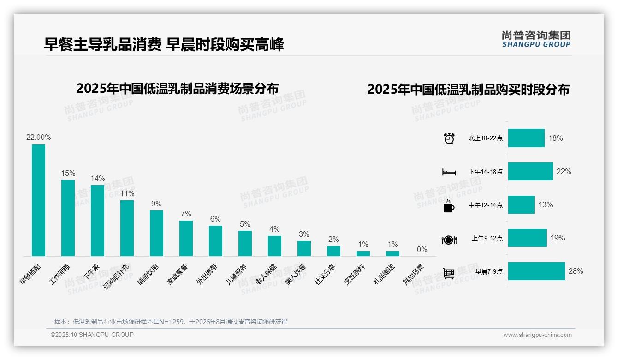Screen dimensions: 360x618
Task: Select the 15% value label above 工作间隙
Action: click(x=68, y=173)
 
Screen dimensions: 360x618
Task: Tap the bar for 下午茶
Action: click(x=97, y=220)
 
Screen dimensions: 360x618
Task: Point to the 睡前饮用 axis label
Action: click(x=149, y=274)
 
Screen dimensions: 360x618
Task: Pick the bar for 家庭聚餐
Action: click(x=186, y=238)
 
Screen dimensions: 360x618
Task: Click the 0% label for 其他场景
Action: click(x=422, y=250)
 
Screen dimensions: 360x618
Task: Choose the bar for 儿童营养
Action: click(x=245, y=243)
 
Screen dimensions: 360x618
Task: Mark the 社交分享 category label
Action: click(x=325, y=274)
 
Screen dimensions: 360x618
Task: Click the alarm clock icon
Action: click(x=449, y=138)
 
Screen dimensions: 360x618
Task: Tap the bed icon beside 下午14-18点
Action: click(x=449, y=172)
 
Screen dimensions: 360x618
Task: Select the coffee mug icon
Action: click(x=449, y=206)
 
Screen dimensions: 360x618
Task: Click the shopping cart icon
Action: click(x=449, y=273)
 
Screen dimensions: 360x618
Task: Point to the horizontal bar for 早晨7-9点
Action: click(x=536, y=271)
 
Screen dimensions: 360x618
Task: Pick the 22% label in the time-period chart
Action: click(x=564, y=171)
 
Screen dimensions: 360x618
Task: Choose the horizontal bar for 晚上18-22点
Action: click(x=526, y=138)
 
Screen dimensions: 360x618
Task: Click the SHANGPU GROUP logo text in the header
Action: click(x=536, y=44)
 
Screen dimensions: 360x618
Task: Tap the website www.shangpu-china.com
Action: click(x=537, y=335)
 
